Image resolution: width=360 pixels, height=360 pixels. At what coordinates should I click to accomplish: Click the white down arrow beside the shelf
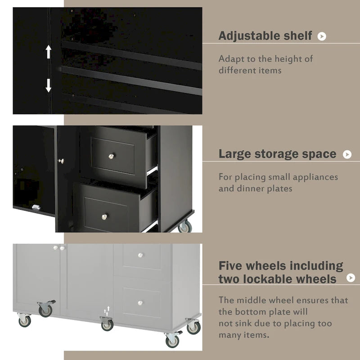[49, 85]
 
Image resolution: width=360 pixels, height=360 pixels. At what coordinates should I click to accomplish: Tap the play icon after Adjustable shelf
[322, 36]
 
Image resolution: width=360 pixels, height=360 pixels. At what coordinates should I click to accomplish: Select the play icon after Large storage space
[347, 154]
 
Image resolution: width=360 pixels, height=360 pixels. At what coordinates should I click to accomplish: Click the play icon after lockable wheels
[351, 278]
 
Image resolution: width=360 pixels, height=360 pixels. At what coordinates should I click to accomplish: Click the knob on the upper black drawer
[112, 155]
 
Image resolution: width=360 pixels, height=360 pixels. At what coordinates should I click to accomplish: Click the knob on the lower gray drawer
[140, 303]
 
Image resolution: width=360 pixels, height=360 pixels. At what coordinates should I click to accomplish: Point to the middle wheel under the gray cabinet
[107, 324]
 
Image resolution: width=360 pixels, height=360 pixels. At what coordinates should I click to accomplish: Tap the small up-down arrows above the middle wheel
[107, 311]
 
